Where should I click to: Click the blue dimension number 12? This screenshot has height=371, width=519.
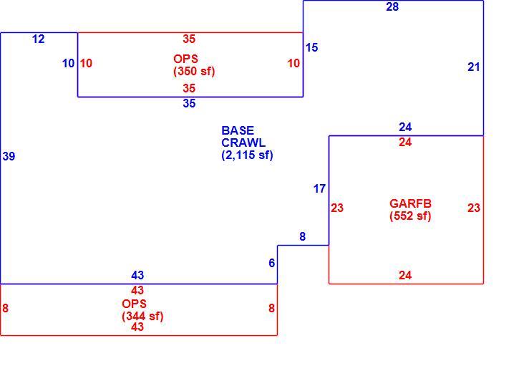pyautogui.click(x=39, y=39)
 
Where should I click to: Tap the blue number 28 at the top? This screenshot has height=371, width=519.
pyautogui.click(x=392, y=6)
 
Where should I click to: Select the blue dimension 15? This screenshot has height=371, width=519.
pyautogui.click(x=311, y=48)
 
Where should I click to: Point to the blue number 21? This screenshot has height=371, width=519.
pyautogui.click(x=474, y=67)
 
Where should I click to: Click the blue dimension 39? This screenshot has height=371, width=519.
pyautogui.click(x=9, y=156)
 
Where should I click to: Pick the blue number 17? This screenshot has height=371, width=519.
pyautogui.click(x=319, y=189)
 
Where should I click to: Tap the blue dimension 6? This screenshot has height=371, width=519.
pyautogui.click(x=272, y=263)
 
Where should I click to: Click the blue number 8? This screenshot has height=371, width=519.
pyautogui.click(x=303, y=236)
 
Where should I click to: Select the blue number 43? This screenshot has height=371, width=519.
pyautogui.click(x=137, y=275)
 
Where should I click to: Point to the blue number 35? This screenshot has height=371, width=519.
pyautogui.click(x=189, y=103)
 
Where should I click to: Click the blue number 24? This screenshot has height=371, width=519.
pyautogui.click(x=405, y=127)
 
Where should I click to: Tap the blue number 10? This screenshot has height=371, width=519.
pyautogui.click(x=69, y=63)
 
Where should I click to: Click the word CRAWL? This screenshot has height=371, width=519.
pyautogui.click(x=243, y=143)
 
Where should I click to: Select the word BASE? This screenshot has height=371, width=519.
pyautogui.click(x=238, y=130)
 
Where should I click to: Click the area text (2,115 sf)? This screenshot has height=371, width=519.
pyautogui.click(x=247, y=155)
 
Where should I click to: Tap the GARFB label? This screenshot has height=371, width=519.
pyautogui.click(x=410, y=203)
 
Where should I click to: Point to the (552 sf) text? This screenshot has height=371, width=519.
pyautogui.click(x=410, y=216)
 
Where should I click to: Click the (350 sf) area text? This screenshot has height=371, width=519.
pyautogui.click(x=194, y=71)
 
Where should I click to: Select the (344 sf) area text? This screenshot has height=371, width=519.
pyautogui.click(x=142, y=316)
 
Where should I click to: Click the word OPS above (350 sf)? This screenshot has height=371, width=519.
pyautogui.click(x=185, y=59)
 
